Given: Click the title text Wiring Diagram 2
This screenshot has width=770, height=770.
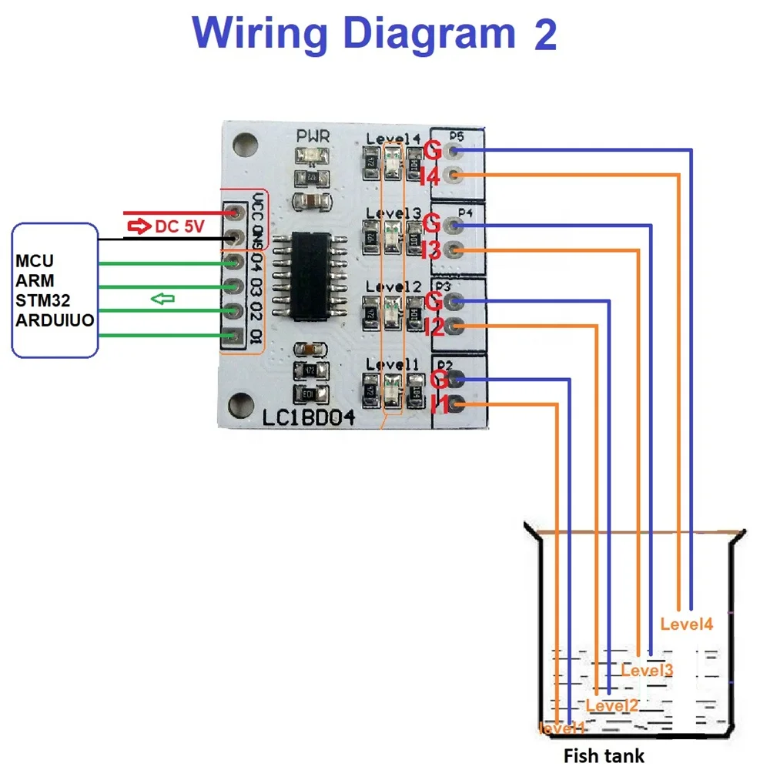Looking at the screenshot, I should tap(374, 34).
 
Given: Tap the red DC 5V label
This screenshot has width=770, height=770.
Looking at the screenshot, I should tap(169, 226).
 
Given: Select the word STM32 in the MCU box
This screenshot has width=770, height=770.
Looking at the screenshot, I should tap(42, 300).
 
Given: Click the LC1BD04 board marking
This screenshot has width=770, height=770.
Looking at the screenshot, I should tap(309, 420).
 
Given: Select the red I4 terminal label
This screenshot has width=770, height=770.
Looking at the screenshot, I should tap(430, 178).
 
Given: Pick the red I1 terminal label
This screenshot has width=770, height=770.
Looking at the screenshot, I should tap(440, 404).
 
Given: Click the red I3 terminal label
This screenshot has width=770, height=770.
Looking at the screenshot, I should tap(431, 250).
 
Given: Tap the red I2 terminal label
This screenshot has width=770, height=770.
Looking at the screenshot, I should tap(434, 327).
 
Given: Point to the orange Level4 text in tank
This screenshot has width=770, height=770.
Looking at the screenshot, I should tap(687, 624).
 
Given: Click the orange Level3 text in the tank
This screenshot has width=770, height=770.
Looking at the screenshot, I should tap(647, 670).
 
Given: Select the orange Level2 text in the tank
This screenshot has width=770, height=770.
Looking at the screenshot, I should tap(612, 705).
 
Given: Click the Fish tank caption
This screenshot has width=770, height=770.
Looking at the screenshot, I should tap(604, 755).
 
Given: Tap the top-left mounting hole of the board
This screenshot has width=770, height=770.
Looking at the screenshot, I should tap(245, 142).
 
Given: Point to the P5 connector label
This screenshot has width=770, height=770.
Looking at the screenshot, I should tap(457, 137).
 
